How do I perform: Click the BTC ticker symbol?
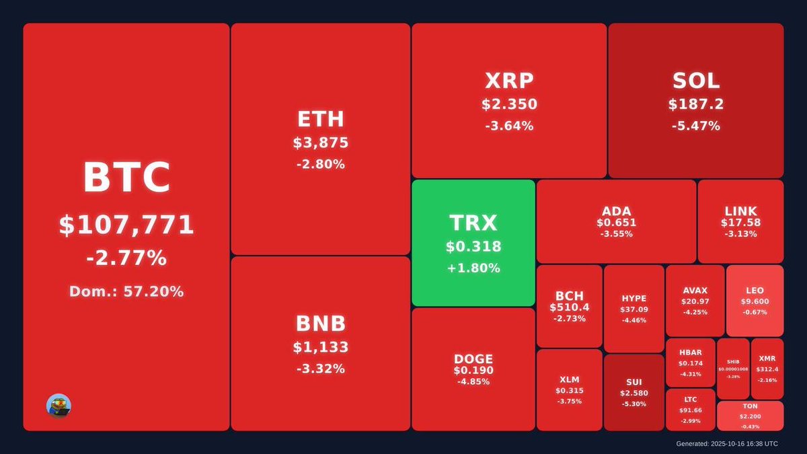point(126,178)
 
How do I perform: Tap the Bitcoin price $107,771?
point(126,225)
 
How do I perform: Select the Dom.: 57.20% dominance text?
point(126,291)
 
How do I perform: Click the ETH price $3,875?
point(321,143)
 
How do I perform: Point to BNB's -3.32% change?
point(321,369)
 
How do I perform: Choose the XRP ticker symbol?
point(509,81)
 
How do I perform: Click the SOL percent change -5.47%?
point(695,126)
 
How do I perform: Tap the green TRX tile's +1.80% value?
point(473,268)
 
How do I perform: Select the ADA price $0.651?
point(616,223)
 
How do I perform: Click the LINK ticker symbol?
point(740,211)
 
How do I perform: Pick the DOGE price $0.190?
point(473,371)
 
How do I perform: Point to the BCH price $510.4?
point(569,307)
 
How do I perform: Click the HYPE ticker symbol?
point(633,299)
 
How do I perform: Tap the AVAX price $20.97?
point(695,301)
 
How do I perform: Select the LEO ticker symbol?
point(755,291)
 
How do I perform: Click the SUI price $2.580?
point(633,393)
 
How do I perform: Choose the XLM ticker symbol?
point(569,379)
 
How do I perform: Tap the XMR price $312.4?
point(767,369)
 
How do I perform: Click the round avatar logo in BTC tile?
point(59,405)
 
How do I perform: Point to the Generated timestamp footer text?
point(727,444)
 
